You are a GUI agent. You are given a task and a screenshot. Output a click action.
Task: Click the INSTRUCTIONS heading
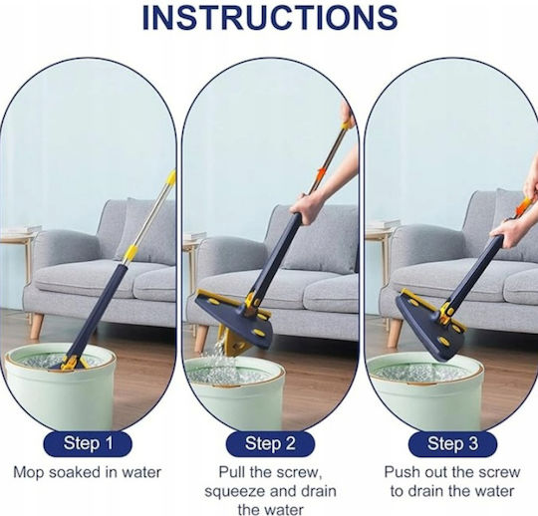click(x=270, y=17)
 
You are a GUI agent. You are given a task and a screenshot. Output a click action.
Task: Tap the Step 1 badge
click(x=88, y=443)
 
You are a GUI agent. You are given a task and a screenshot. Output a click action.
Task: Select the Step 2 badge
click(x=270, y=443)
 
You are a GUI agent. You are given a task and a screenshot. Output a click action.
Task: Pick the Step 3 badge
click(x=452, y=443)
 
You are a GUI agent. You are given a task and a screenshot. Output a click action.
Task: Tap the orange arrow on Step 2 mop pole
click(x=322, y=172)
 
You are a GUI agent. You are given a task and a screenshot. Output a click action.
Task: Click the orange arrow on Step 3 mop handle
click(x=523, y=205)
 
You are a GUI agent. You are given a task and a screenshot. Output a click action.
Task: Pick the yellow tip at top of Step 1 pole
click(x=171, y=177)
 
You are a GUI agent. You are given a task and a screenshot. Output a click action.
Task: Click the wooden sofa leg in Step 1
click(x=37, y=326)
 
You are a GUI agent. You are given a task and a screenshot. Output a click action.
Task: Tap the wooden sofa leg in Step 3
click(x=395, y=333)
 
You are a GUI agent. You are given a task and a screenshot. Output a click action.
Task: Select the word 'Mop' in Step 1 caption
click(x=29, y=473)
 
